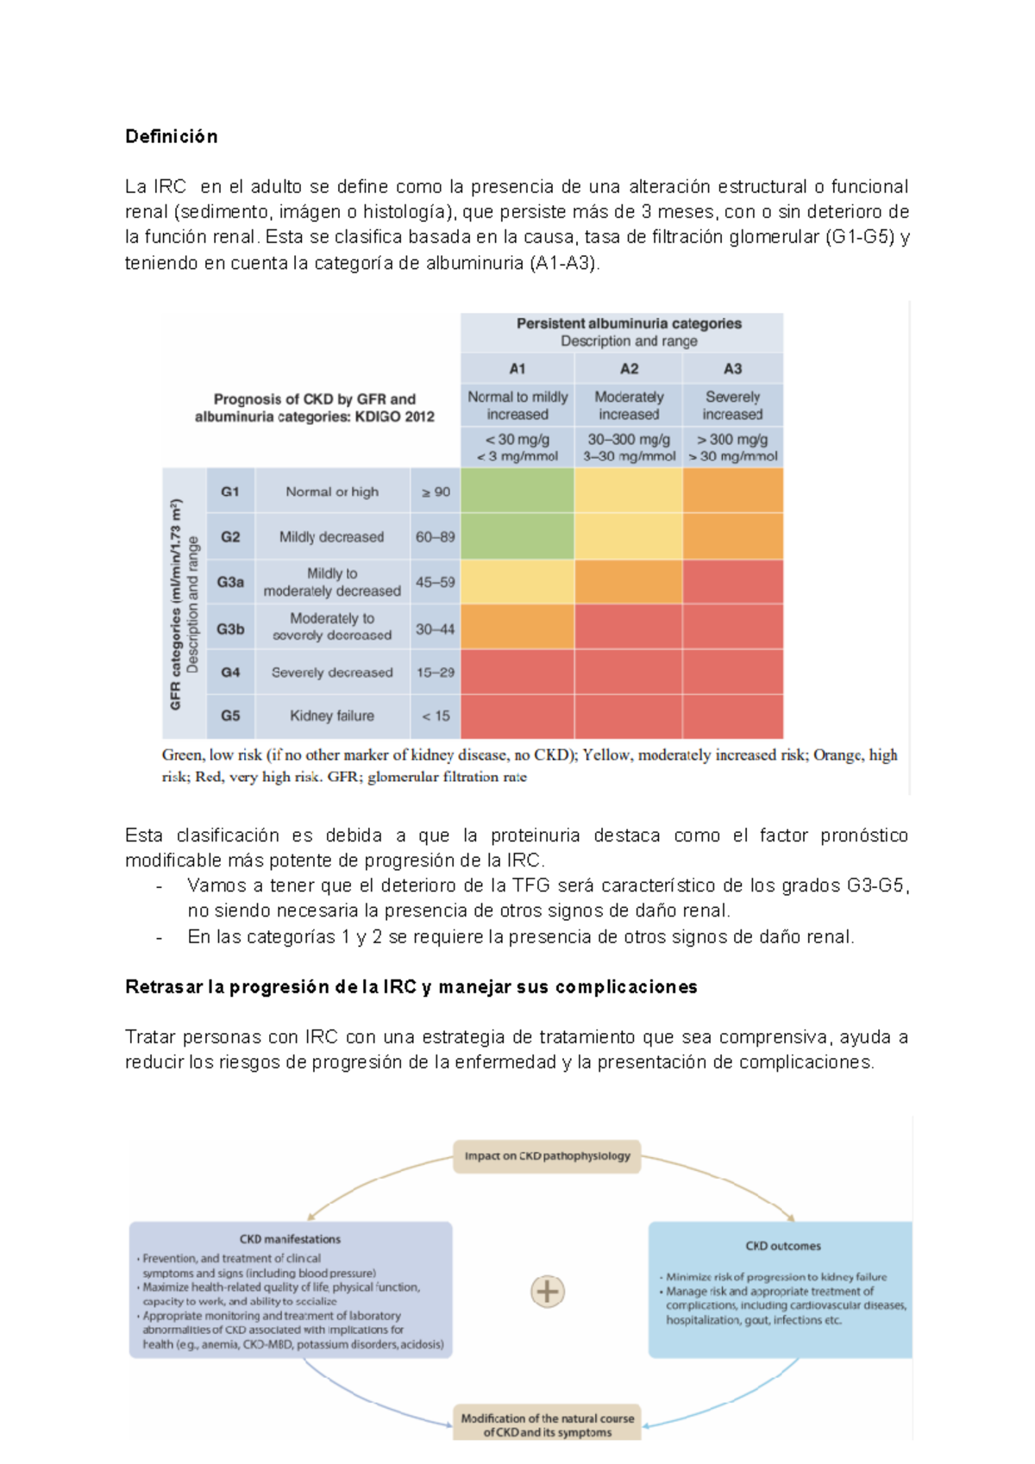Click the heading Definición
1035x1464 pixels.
point(171,136)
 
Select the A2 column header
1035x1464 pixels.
point(629,369)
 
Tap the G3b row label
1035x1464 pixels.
point(230,629)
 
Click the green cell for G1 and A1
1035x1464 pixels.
point(517,491)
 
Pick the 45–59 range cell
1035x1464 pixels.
point(435,583)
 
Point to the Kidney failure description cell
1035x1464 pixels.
point(332,716)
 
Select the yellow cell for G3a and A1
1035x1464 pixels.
point(517,582)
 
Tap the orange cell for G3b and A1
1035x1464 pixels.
point(517,628)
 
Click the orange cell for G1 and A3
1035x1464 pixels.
point(732,491)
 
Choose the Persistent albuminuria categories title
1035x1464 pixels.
point(629,324)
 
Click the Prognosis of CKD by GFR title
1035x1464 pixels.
point(315,408)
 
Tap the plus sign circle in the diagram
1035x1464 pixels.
point(548,1292)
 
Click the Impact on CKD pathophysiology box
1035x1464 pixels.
point(547,1156)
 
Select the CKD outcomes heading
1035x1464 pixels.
point(783,1246)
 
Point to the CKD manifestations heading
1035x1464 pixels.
point(290,1239)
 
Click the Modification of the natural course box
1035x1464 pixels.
point(547,1424)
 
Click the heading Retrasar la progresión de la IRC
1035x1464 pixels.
point(411,987)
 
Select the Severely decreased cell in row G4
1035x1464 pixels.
point(332,673)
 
